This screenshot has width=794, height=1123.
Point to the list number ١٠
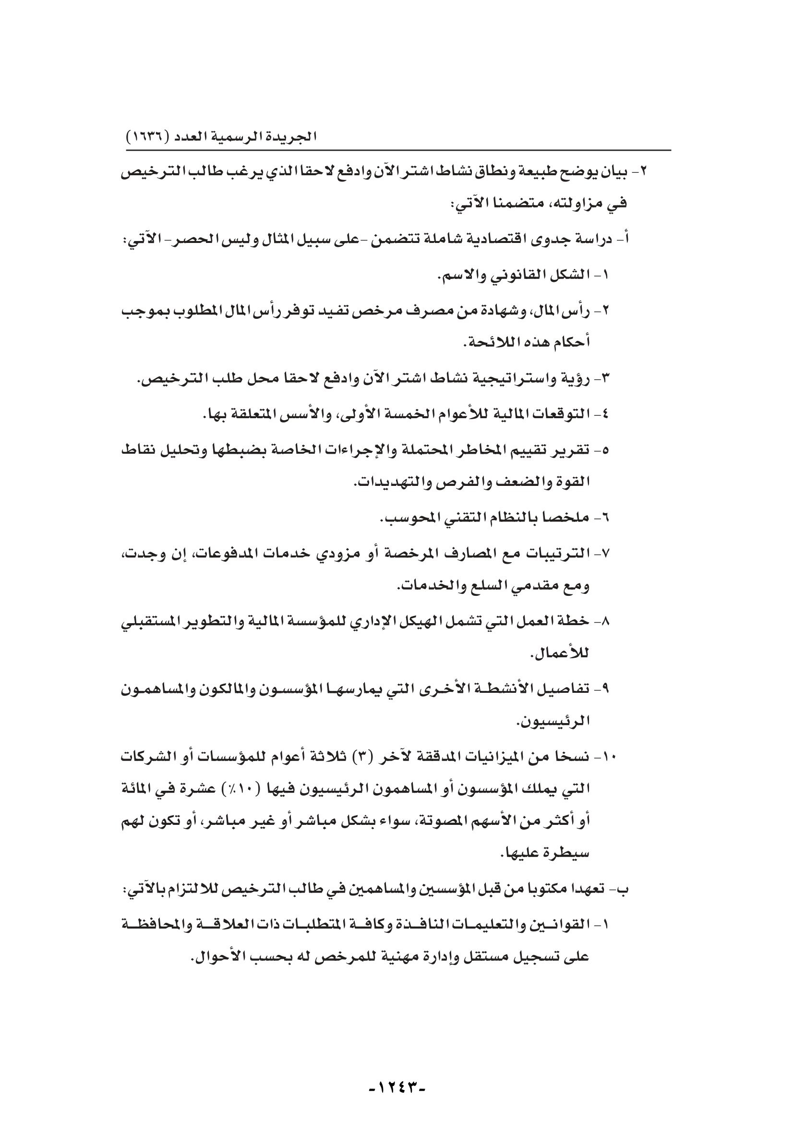pyautogui.click(x=609, y=758)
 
